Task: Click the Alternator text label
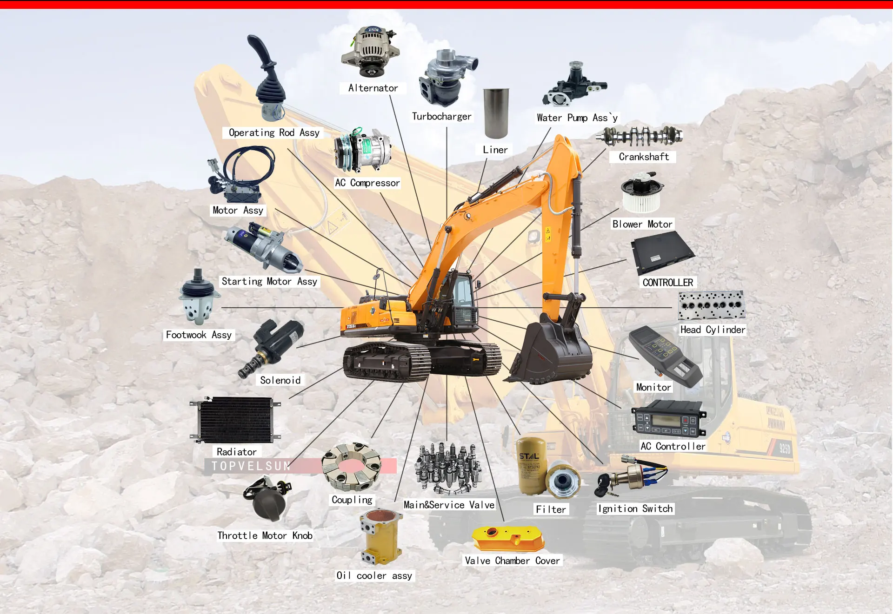(x=373, y=88)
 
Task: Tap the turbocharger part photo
(x=446, y=78)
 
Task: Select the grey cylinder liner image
(x=496, y=113)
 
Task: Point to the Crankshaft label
(x=644, y=157)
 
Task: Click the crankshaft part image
(x=640, y=136)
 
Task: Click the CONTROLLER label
(x=667, y=283)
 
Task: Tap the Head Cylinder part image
(x=711, y=305)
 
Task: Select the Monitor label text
(x=653, y=387)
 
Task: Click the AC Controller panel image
(x=668, y=420)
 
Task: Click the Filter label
(x=551, y=509)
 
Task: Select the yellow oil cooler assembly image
(x=380, y=537)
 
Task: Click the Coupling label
(x=352, y=500)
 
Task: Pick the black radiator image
(x=236, y=420)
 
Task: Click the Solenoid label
(x=280, y=380)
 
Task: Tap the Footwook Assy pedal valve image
(x=199, y=297)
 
